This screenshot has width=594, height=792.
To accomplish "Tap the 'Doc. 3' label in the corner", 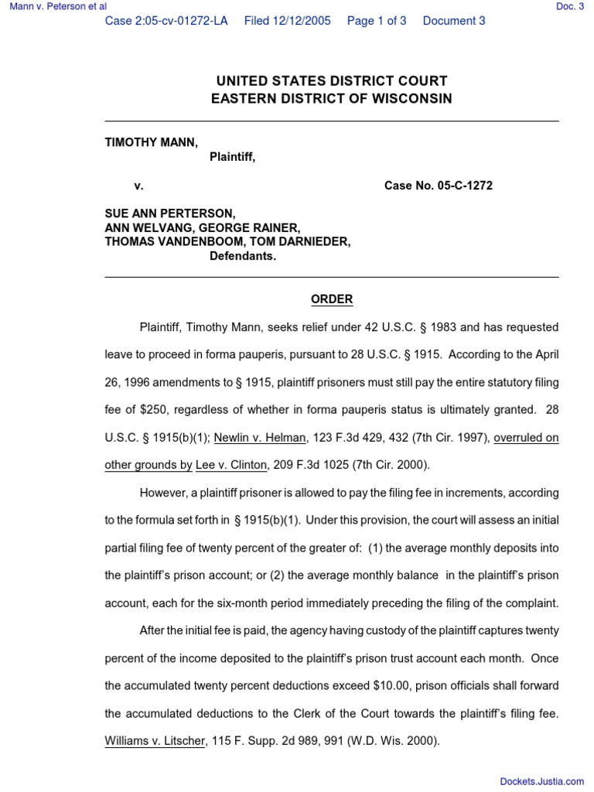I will [x=570, y=7].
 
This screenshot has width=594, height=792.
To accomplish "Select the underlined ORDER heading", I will [x=331, y=299].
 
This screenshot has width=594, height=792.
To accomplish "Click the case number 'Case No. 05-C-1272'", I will [x=438, y=186].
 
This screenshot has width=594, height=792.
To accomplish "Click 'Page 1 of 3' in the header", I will [x=377, y=21].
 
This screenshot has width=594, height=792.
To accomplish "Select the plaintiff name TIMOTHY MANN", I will [x=151, y=142].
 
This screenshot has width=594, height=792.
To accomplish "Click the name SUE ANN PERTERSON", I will [x=170, y=213].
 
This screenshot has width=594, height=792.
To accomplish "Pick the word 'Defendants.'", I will [x=243, y=256].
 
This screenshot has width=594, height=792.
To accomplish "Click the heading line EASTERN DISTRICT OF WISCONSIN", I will [x=331, y=99].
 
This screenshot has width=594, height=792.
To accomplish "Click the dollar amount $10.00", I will [x=398, y=685].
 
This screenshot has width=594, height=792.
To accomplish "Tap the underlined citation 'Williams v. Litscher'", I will [x=155, y=740].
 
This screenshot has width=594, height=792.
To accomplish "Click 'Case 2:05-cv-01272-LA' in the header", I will [x=166, y=21].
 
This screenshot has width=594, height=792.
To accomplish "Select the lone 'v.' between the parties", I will [x=138, y=186].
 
